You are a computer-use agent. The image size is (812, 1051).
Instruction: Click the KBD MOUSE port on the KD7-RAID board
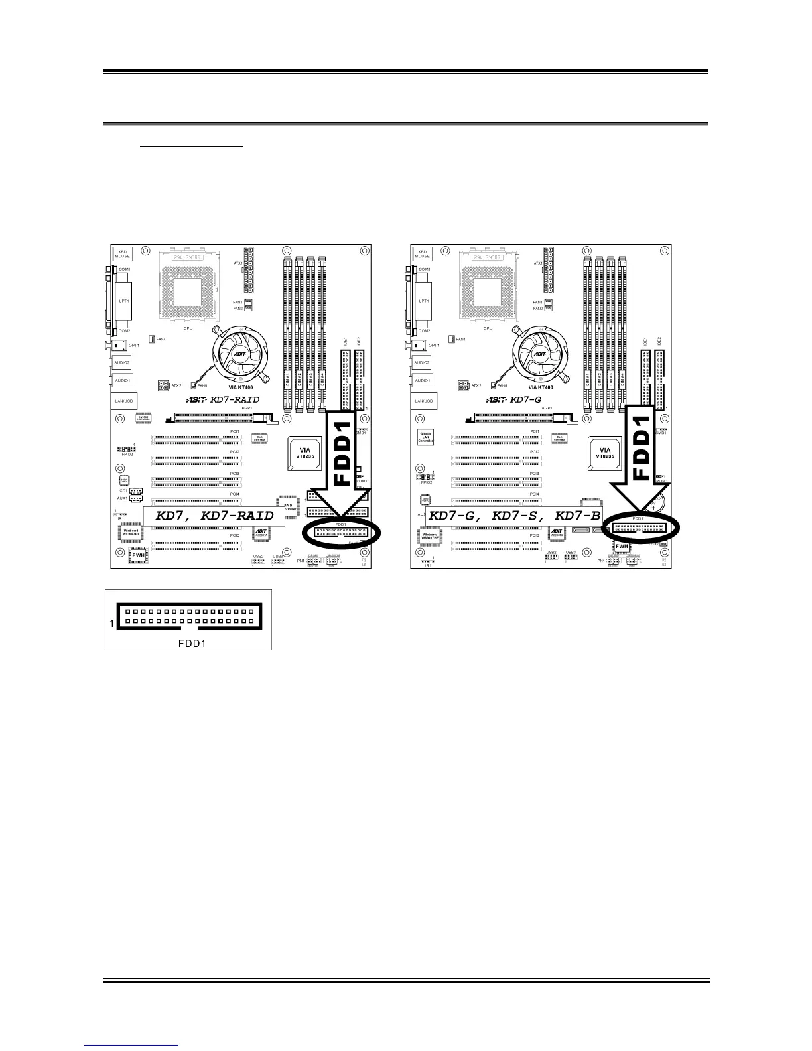(123, 254)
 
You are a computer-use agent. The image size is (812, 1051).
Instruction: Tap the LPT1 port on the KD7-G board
(423, 301)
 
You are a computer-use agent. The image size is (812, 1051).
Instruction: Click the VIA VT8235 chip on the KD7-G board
(604, 454)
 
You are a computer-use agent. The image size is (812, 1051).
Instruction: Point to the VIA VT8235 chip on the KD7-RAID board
(303, 454)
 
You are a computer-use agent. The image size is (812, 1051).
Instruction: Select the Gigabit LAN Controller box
(425, 437)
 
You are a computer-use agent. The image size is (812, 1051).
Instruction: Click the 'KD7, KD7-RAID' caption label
(214, 516)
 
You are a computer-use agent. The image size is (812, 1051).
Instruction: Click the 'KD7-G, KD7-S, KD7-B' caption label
(514, 516)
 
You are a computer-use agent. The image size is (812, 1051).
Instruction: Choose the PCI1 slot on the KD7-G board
(496, 439)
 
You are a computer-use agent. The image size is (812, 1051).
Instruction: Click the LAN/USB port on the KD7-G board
(423, 401)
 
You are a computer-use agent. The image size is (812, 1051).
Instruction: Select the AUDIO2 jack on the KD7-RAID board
(122, 362)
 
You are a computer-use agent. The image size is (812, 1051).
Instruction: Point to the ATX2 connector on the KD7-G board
(463, 385)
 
